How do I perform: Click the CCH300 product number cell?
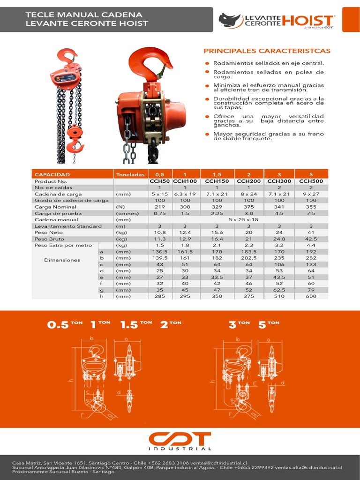(279, 181)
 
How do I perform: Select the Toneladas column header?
(130, 174)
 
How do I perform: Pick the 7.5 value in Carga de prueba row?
(311, 213)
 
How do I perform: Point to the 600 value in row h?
(311, 296)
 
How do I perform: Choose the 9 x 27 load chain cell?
(311, 194)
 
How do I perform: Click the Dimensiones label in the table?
(62, 260)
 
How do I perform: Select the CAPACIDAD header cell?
(52, 174)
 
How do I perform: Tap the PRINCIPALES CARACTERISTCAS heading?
(267, 51)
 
